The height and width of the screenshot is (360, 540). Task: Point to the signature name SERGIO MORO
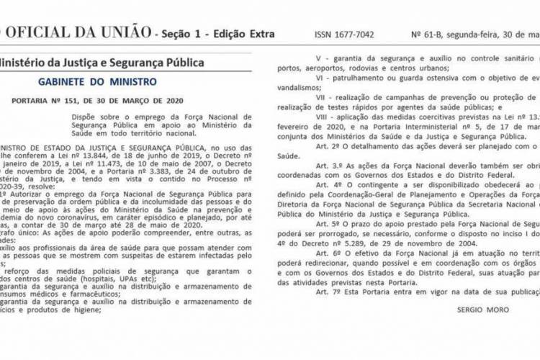(482, 310)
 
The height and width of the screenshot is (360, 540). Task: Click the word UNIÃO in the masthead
(120, 33)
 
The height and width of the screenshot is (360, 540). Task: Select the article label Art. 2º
(315, 145)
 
